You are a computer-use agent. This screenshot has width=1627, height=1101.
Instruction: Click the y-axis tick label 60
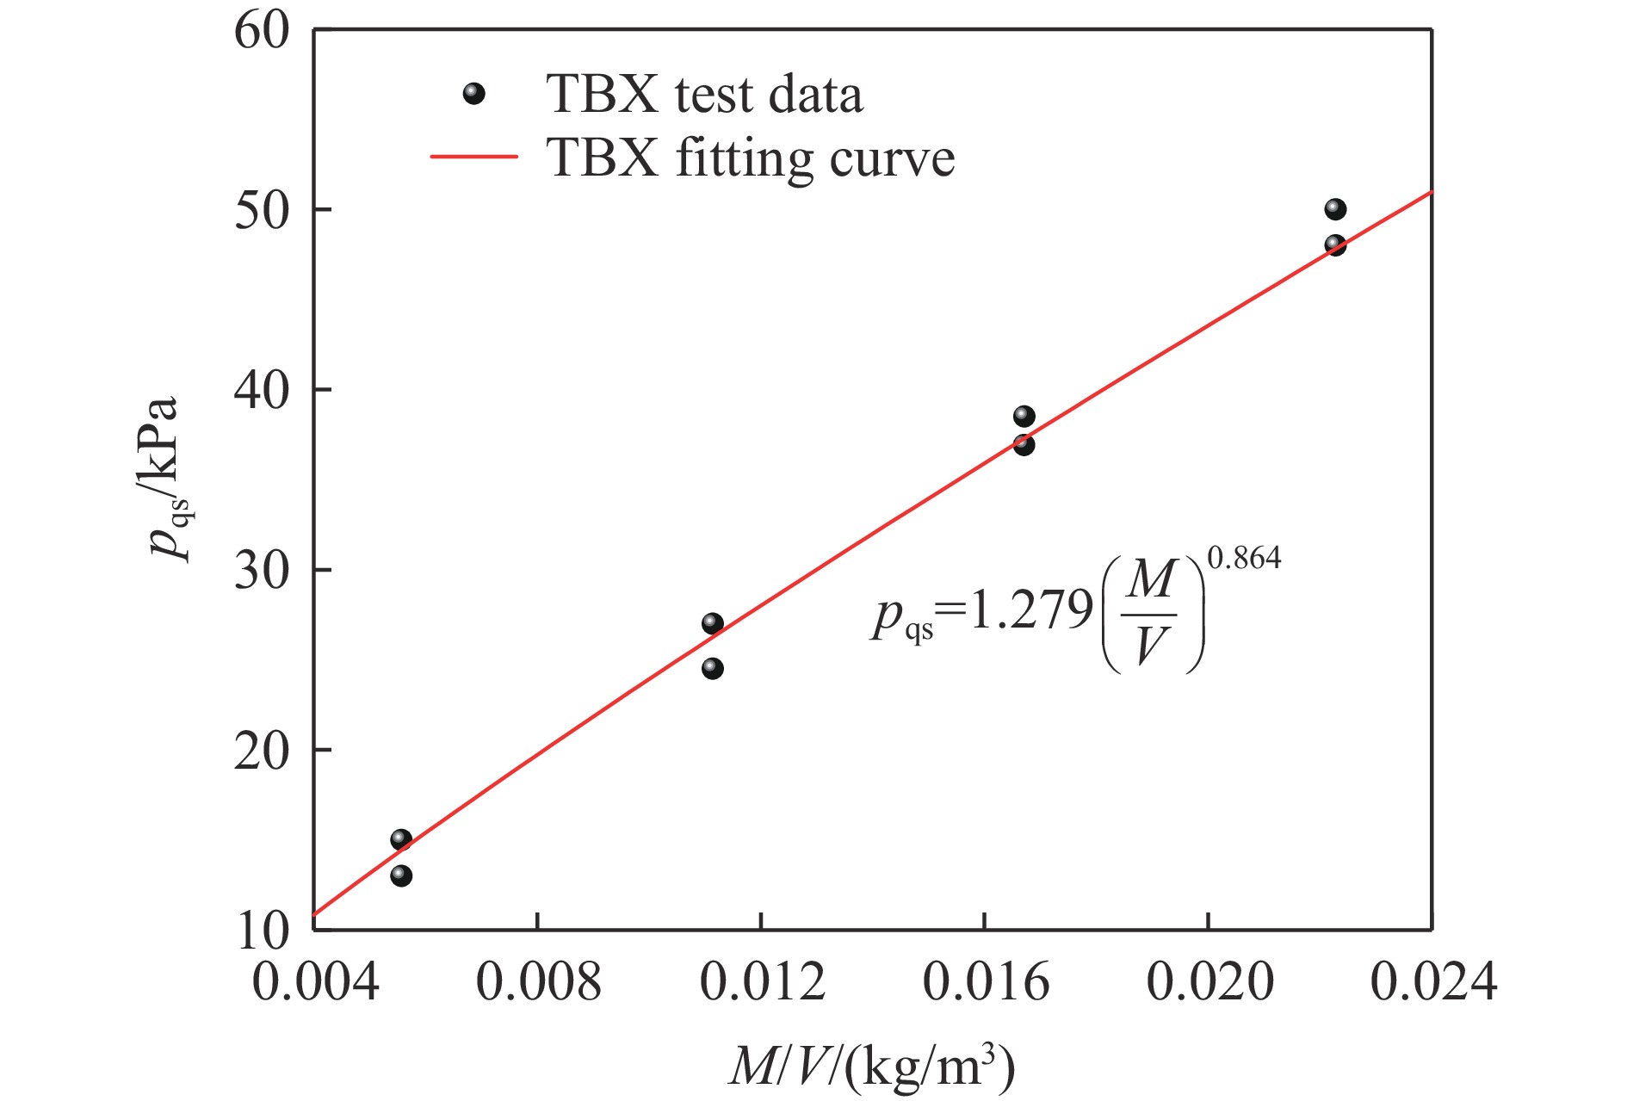(262, 32)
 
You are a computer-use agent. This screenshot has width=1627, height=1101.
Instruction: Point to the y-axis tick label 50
(262, 211)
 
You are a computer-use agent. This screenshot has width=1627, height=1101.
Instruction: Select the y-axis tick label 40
(262, 391)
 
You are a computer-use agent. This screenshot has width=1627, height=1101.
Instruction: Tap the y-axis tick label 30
(262, 571)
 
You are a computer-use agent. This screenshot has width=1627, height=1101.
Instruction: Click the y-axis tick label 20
(262, 752)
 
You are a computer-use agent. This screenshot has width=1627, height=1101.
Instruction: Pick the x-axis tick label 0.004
(315, 982)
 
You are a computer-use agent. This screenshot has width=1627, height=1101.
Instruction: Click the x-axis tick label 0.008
(538, 982)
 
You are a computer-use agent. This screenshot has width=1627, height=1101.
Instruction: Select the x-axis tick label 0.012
(762, 982)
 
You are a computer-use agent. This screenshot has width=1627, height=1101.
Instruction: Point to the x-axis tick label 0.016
(986, 982)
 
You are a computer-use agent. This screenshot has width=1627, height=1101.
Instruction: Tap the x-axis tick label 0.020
(1209, 982)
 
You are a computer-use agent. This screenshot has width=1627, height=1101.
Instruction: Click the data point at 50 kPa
(1335, 209)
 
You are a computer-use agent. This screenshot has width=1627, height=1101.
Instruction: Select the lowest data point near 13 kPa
(401, 875)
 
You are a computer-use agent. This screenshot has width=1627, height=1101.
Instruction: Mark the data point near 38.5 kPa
(1024, 417)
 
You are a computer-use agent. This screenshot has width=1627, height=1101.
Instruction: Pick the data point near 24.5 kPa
(712, 668)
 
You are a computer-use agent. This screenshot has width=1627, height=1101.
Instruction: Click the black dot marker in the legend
(473, 94)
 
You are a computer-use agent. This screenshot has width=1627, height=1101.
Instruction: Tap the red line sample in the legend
(473, 158)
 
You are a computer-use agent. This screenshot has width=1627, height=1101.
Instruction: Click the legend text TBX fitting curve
(750, 159)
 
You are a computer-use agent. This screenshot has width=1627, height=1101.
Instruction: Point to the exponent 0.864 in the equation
(1244, 559)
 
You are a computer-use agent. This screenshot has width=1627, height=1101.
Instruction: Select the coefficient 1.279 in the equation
(1030, 613)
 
